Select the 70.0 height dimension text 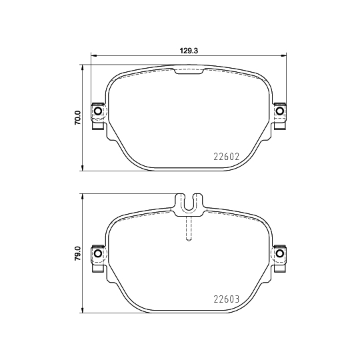click(77, 118)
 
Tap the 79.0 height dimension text click(77, 255)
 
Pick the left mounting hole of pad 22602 click(98, 111)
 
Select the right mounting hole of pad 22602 click(280, 111)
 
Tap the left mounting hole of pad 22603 click(98, 254)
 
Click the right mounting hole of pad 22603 click(280, 254)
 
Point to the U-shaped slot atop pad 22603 click(189, 203)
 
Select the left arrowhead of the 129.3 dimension click(93, 56)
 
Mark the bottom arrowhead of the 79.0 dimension click(83, 311)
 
